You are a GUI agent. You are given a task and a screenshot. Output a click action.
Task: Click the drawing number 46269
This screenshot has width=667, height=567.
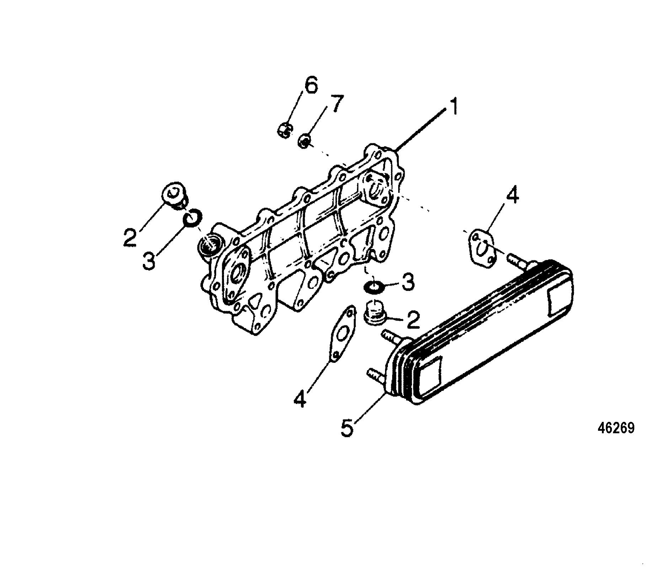[x=616, y=428]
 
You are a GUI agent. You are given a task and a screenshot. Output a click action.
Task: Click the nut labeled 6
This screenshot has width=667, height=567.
[x=284, y=131]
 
